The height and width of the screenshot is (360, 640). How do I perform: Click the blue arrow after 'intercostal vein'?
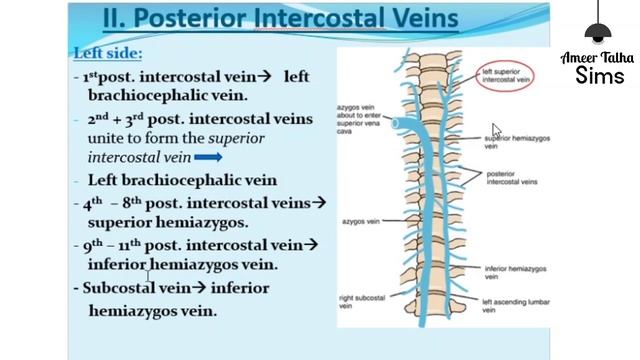point(208,158)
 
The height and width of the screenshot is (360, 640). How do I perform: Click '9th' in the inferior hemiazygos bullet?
point(95,245)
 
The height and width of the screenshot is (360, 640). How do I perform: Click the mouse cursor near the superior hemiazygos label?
point(496,129)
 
